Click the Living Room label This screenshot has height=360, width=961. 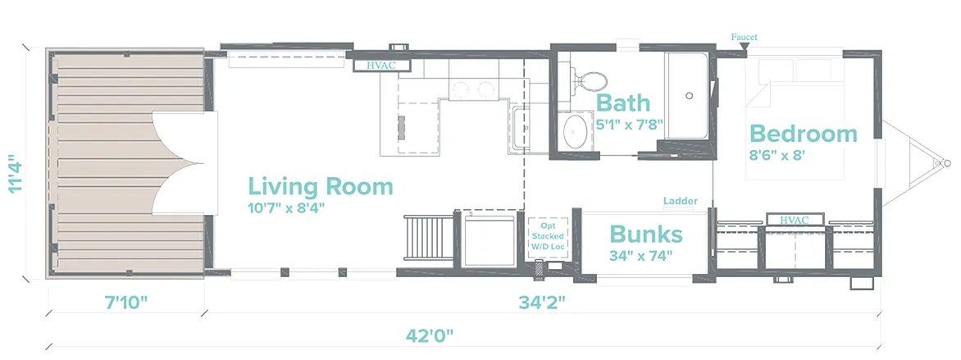coord(320,186)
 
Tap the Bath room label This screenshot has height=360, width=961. coord(622,103)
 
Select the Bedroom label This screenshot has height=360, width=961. coord(804,134)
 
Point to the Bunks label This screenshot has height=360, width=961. coord(646,234)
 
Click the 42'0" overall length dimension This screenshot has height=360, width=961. coord(430,335)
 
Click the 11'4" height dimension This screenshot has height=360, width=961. coord(16,176)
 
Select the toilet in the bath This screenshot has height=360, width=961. coord(589,80)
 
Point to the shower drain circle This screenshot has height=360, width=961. coord(689,96)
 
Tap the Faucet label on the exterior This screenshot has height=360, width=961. coord(744,37)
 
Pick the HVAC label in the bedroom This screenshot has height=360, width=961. coord(795,220)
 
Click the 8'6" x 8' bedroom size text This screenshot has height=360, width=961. coord(777,154)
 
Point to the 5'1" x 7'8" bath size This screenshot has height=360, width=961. coord(631,124)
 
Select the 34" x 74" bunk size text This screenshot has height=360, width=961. coord(641,255)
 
